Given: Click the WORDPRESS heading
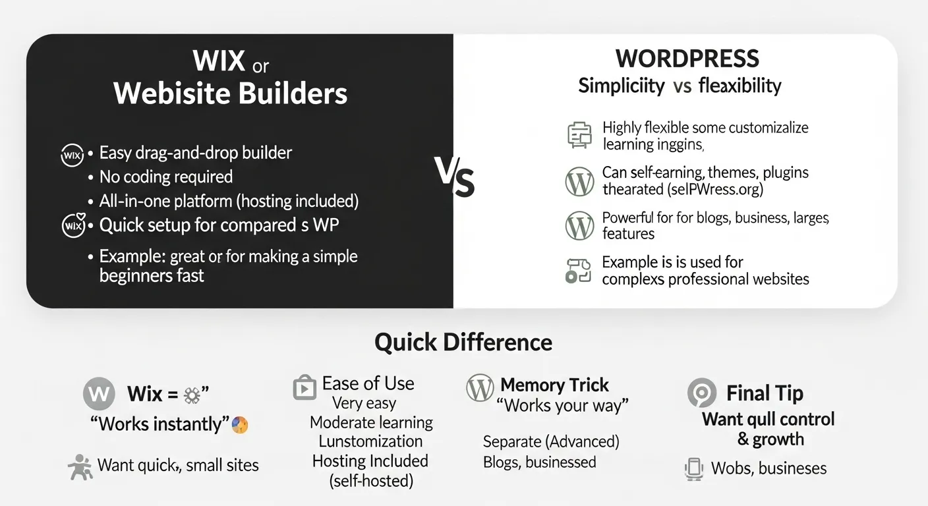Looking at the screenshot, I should point(688,59).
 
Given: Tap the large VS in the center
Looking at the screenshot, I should point(455,178).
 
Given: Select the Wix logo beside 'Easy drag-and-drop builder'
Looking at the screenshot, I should point(72,155).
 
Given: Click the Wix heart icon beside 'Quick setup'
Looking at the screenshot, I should point(72,225).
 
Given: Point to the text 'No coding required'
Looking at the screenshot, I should point(165,177).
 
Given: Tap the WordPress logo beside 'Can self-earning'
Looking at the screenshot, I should point(580,182).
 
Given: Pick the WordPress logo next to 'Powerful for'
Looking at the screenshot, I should point(580,226).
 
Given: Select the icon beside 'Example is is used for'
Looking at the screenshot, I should point(579,270).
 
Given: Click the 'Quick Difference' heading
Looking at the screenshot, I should point(463,343).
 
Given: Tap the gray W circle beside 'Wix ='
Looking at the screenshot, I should point(98,393).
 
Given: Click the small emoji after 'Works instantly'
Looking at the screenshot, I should point(240,425).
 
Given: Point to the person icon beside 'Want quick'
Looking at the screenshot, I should point(80,466).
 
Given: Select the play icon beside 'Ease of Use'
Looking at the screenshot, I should point(304,387).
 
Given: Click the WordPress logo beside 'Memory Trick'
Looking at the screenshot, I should point(480,387).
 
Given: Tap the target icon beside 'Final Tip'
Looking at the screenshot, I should point(701,393).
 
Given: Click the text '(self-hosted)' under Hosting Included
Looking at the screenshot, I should point(371,481).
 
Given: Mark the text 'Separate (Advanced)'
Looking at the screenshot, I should point(551,441).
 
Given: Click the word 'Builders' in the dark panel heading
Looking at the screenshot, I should point(293,94).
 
